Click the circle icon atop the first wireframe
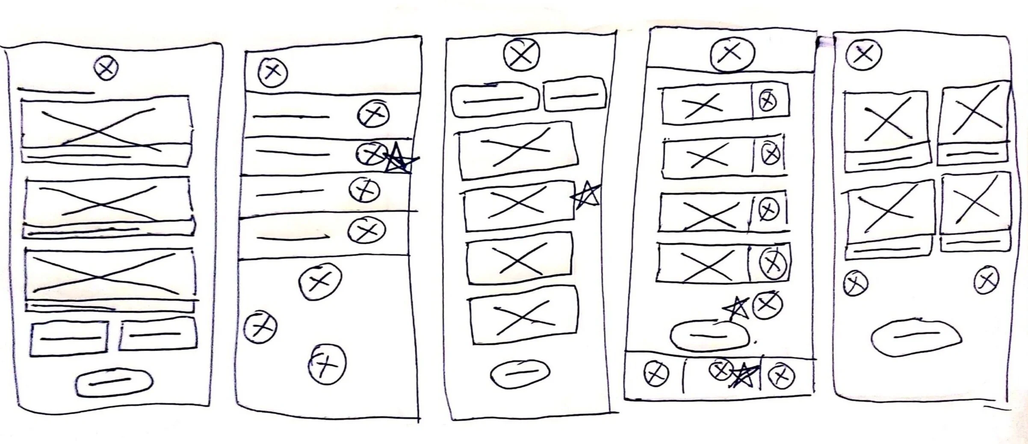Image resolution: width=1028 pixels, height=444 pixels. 106,69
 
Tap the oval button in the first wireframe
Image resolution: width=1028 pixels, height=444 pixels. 114,382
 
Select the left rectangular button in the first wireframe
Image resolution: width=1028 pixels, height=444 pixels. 69,338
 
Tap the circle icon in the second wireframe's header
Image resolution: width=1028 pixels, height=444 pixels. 273,72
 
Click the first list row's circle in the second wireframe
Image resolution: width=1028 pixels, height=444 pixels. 373,114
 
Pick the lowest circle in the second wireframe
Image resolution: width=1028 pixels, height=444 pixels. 327,364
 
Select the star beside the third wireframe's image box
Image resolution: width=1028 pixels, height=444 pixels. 586,195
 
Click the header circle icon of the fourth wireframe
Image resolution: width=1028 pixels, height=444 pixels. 732,53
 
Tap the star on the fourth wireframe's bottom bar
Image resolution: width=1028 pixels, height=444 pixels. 745,375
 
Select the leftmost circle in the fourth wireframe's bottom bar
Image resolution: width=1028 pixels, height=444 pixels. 656,374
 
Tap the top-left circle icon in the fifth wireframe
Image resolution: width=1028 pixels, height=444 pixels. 863,55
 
